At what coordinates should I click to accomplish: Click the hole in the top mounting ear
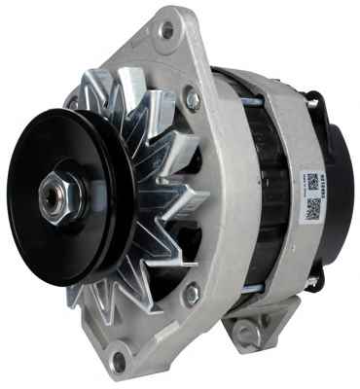[x=168, y=30]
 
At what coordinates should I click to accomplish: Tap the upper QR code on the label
[x=311, y=182]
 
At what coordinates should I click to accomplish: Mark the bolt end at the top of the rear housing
[x=314, y=96]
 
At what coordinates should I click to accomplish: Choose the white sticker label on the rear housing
[x=311, y=195]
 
